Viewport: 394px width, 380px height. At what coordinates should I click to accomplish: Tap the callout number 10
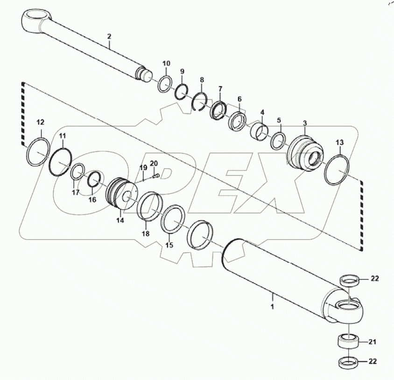tap(166, 63)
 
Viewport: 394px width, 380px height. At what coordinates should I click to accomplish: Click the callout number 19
tap(144, 167)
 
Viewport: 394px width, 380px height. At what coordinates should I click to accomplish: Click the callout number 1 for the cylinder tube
tap(273, 307)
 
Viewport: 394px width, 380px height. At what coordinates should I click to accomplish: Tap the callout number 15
tap(169, 245)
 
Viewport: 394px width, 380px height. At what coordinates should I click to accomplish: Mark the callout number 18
tap(145, 233)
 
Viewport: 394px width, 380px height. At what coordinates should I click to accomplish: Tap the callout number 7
tap(220, 89)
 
